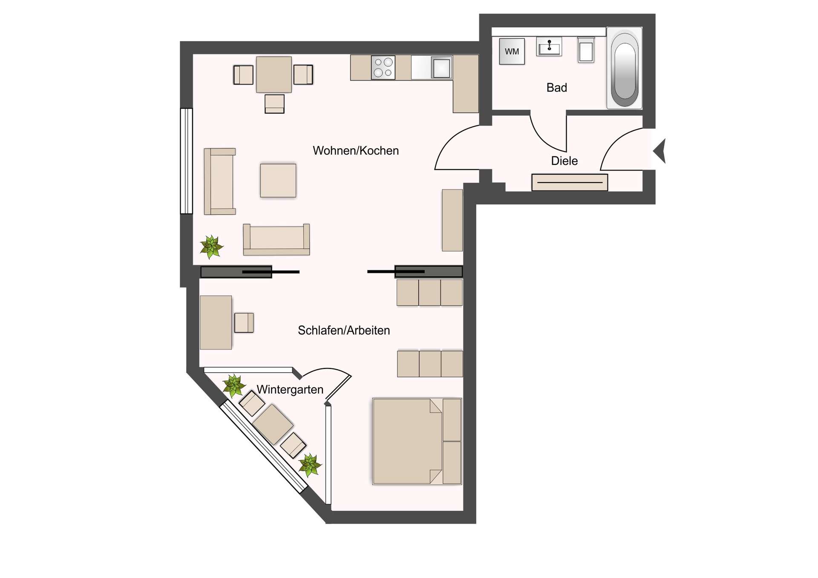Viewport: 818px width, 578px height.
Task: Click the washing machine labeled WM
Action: pyautogui.click(x=512, y=52)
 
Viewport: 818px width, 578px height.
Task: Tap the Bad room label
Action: pyautogui.click(x=556, y=88)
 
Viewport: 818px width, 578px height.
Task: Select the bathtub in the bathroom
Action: pyautogui.click(x=624, y=68)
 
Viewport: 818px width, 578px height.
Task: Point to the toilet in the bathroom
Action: pyautogui.click(x=586, y=51)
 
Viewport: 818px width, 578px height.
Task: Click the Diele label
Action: pyautogui.click(x=564, y=161)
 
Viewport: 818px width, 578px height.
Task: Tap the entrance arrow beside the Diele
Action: pyautogui.click(x=660, y=151)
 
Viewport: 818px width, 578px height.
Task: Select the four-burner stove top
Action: pyautogui.click(x=383, y=68)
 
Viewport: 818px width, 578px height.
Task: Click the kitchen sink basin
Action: pyautogui.click(x=441, y=68)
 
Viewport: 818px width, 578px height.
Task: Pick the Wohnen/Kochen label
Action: pyautogui.click(x=355, y=151)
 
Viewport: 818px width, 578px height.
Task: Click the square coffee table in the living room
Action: pyautogui.click(x=278, y=180)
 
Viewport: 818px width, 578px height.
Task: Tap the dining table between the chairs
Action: pyautogui.click(x=274, y=75)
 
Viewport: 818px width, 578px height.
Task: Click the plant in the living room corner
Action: pyautogui.click(x=211, y=247)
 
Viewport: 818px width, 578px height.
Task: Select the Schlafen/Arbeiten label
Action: pyautogui.click(x=343, y=331)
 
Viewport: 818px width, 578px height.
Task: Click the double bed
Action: pyautogui.click(x=416, y=441)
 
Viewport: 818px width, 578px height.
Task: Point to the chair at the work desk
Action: pyautogui.click(x=244, y=322)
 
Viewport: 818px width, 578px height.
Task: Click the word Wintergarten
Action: pyautogui.click(x=290, y=390)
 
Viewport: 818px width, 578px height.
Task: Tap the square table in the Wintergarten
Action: pyautogui.click(x=273, y=424)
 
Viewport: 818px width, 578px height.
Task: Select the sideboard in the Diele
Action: pyautogui.click(x=569, y=182)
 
